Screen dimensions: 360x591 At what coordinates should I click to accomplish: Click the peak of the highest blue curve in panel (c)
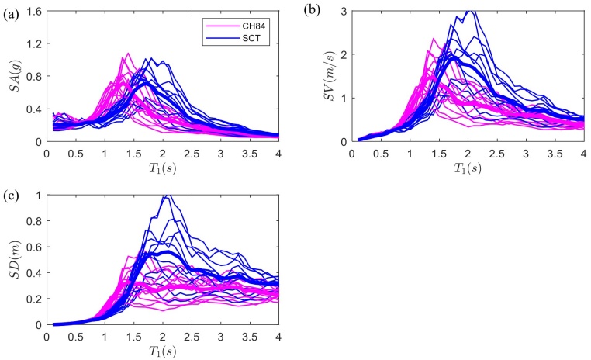click(x=165, y=195)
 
